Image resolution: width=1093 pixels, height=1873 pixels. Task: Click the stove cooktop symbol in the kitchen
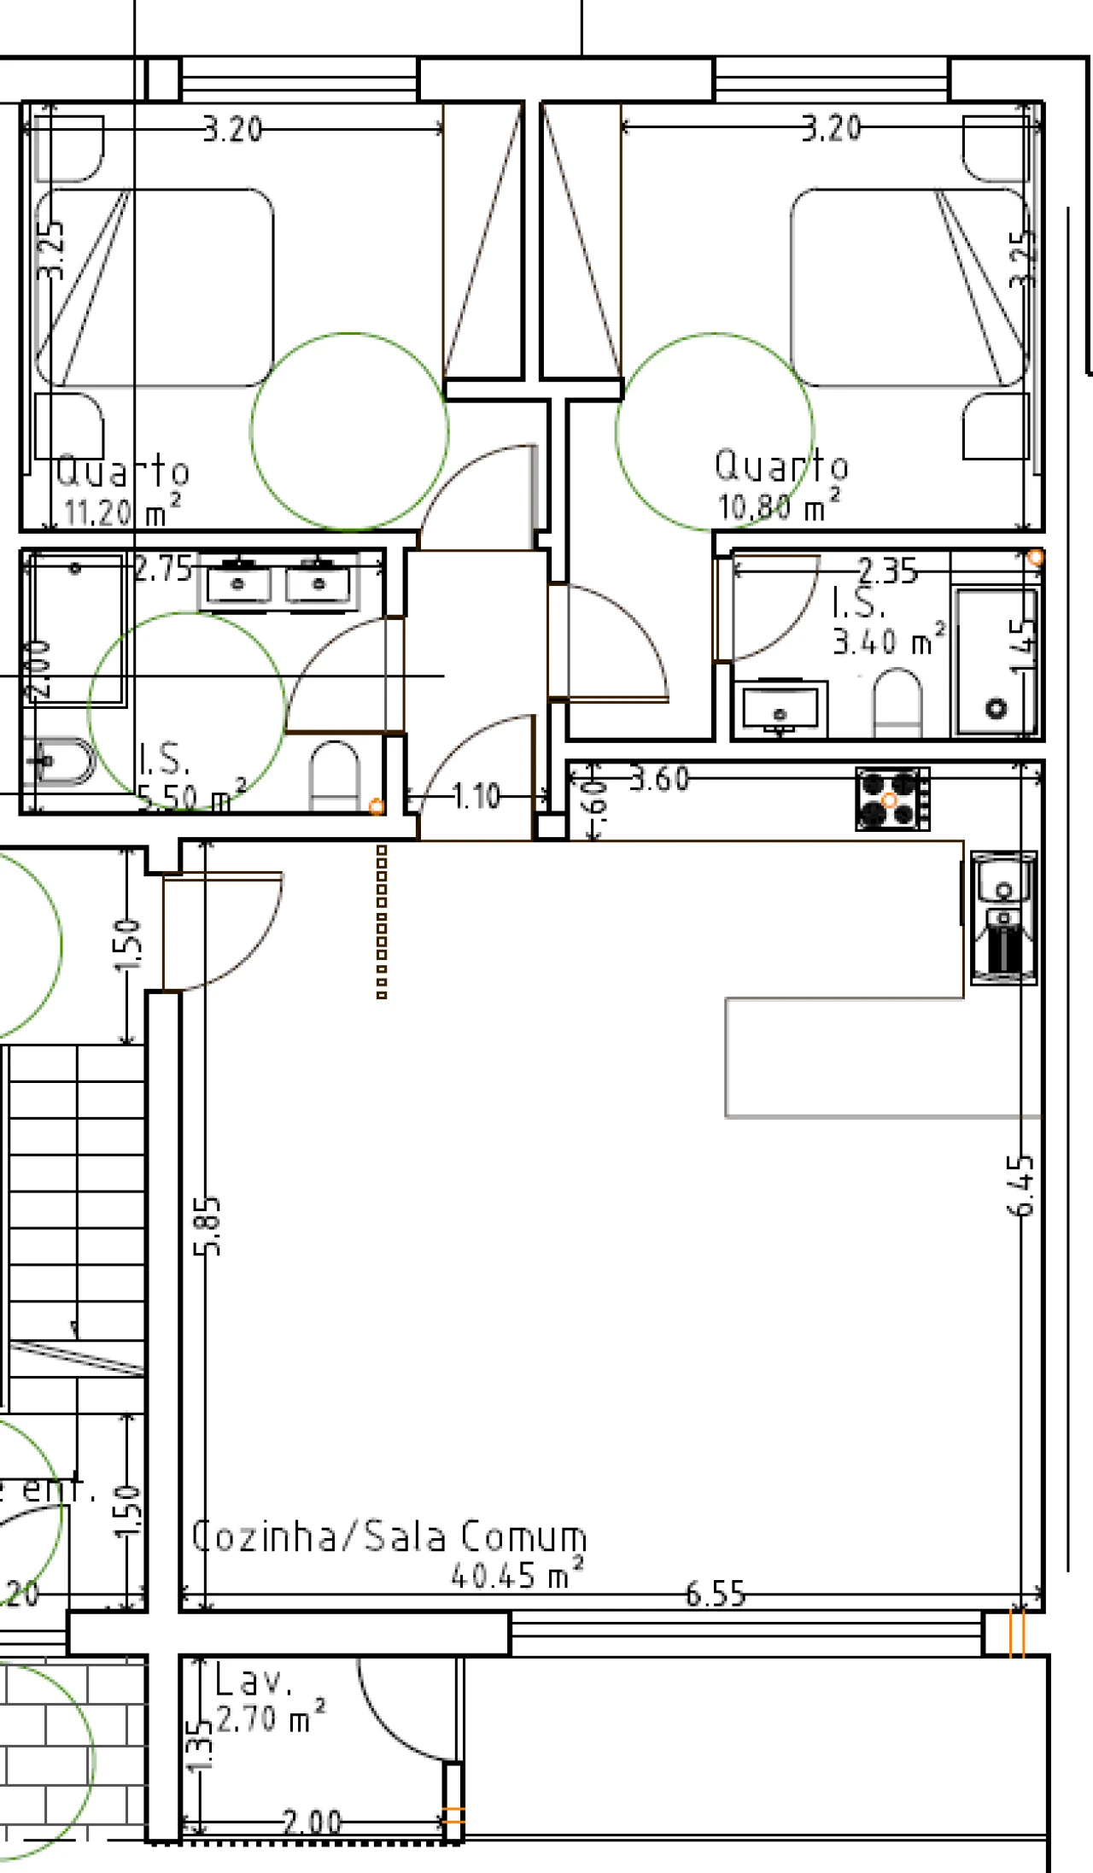click(x=892, y=799)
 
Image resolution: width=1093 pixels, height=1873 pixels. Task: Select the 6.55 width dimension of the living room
click(x=716, y=1594)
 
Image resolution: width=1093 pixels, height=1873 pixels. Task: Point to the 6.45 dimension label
click(x=1021, y=1185)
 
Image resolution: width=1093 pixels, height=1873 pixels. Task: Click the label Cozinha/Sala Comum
click(x=389, y=1536)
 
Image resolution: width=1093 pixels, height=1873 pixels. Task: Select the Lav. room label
click(x=253, y=1682)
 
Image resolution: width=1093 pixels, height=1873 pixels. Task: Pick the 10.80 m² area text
click(x=777, y=506)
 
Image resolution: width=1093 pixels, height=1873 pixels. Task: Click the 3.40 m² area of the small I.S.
click(x=889, y=641)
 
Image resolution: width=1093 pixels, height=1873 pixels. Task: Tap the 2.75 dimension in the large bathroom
click(x=163, y=569)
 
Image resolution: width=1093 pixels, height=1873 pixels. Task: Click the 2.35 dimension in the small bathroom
click(x=887, y=571)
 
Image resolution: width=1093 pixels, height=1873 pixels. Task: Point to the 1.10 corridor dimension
click(x=476, y=797)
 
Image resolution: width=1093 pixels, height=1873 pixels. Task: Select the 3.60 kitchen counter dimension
click(x=659, y=779)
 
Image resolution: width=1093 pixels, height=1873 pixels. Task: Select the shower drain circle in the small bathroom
click(x=996, y=708)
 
